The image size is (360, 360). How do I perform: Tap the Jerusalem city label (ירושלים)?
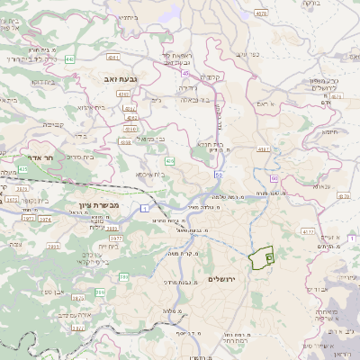220,279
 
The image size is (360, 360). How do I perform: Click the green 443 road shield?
69,59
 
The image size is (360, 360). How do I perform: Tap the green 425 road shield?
22,168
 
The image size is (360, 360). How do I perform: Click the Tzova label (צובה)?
14,244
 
